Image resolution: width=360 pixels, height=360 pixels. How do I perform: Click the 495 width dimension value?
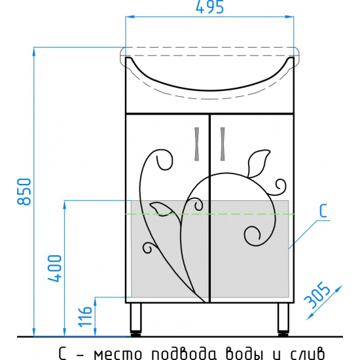(x=209, y=7)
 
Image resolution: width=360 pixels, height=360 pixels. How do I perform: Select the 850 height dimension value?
(x=24, y=192)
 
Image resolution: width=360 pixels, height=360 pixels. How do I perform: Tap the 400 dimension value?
(x=54, y=268)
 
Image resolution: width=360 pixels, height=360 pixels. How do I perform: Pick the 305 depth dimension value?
(x=317, y=295)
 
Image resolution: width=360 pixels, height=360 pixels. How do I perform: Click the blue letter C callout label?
(x=323, y=211)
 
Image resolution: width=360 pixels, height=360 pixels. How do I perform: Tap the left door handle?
(x=197, y=144)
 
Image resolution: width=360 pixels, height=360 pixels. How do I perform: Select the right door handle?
(x=223, y=144)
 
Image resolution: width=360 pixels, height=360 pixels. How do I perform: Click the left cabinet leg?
(x=135, y=320)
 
